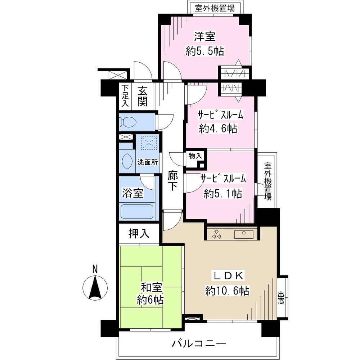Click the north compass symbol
click(95, 287)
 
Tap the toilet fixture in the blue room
click(128, 122)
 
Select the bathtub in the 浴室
click(137, 211)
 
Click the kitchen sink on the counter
click(244, 235)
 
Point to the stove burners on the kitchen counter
click(217, 235)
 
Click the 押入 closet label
click(139, 234)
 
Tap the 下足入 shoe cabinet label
click(125, 95)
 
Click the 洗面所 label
click(148, 162)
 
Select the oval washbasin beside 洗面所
click(127, 161)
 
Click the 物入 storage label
click(195, 156)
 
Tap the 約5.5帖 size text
click(205, 51)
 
